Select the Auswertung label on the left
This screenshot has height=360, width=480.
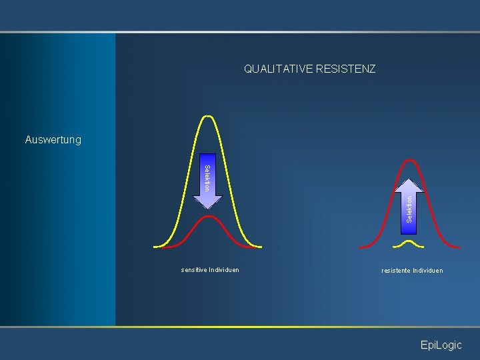(53, 140)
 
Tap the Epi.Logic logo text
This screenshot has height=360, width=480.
(440, 345)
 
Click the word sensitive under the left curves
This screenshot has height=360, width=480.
(193, 270)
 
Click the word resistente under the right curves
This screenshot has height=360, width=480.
(396, 270)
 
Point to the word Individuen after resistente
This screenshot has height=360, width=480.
(428, 270)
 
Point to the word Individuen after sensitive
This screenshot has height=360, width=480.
(224, 270)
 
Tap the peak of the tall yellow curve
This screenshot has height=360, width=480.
(209, 116)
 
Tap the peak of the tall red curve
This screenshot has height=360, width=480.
(411, 159)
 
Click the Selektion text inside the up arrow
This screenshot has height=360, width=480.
(410, 208)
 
